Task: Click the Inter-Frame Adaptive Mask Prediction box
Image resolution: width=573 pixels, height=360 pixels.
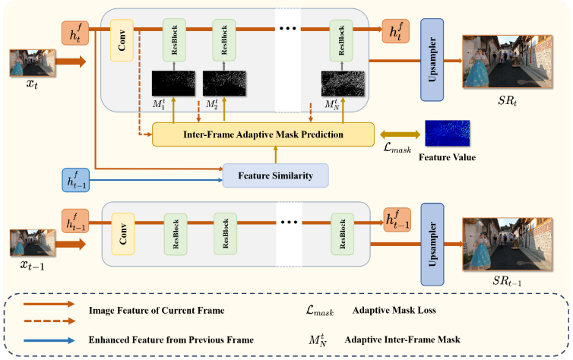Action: point(264,135)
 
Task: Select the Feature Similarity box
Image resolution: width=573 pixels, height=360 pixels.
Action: point(275,175)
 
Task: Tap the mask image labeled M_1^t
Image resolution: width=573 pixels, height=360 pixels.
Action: point(173,82)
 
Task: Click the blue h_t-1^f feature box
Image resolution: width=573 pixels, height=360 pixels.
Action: point(77,180)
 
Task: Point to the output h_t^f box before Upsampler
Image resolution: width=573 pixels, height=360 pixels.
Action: point(397,32)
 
